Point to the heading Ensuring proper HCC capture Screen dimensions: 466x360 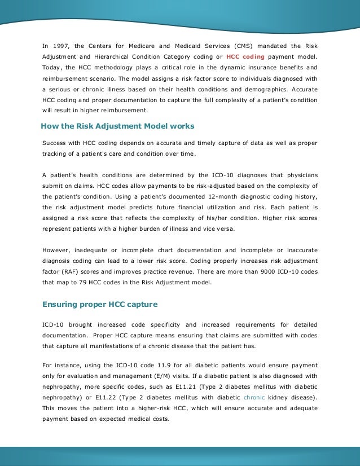(100, 305)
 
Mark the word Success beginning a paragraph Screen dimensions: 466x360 (55, 144)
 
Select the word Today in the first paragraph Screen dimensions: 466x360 (52, 67)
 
